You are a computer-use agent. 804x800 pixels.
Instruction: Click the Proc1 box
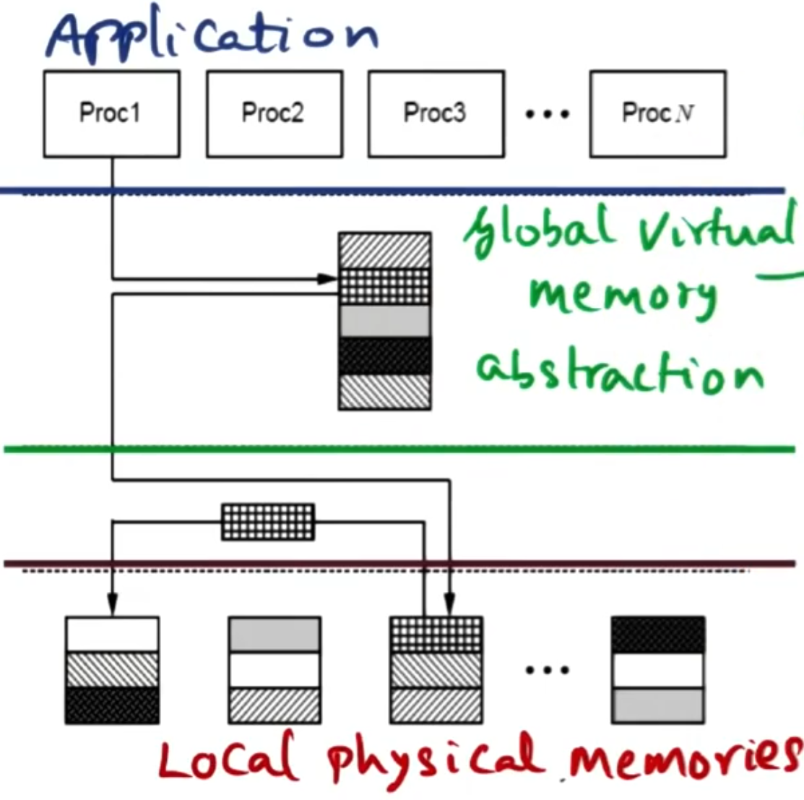point(111,113)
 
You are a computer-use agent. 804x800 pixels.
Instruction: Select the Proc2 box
point(274,113)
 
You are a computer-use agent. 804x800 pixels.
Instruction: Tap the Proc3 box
point(436,113)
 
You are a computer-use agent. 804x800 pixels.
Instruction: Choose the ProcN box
point(657,113)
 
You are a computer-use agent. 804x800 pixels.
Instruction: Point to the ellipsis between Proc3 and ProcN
point(547,114)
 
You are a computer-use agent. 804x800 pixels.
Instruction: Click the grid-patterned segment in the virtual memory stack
point(385,286)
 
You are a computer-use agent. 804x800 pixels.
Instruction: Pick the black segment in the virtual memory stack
point(385,356)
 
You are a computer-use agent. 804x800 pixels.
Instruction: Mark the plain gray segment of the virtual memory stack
point(385,321)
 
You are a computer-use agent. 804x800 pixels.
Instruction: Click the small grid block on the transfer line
point(267,522)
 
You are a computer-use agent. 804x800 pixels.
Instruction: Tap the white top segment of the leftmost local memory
point(112,635)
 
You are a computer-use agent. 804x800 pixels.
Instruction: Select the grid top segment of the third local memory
point(436,635)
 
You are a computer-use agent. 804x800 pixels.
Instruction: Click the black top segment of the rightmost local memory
point(657,635)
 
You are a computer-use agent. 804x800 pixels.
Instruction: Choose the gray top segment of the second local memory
point(275,635)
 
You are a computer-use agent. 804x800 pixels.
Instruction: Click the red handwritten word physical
point(433,759)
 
